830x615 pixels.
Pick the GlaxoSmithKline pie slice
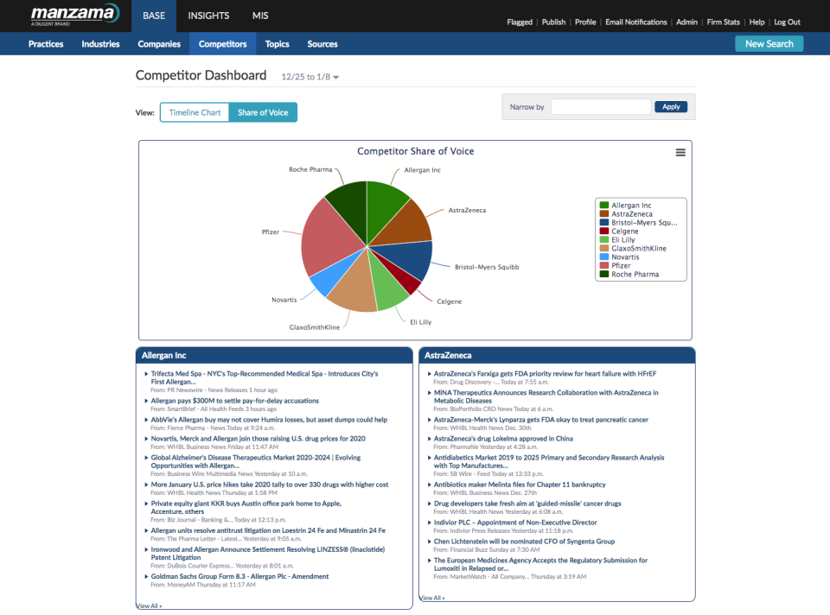[x=353, y=291]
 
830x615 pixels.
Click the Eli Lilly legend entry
[x=622, y=239]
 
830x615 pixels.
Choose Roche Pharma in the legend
[x=635, y=274]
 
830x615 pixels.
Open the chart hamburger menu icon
[x=680, y=152]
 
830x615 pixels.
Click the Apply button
[x=671, y=107]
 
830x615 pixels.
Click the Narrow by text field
[x=601, y=107]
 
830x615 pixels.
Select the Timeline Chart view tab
[x=195, y=112]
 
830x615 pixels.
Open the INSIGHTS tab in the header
[x=208, y=16]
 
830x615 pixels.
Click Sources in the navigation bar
[x=322, y=44]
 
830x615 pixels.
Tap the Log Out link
[x=787, y=22]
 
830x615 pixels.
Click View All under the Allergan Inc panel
[x=149, y=606]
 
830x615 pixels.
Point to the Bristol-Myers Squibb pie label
[x=487, y=267]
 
